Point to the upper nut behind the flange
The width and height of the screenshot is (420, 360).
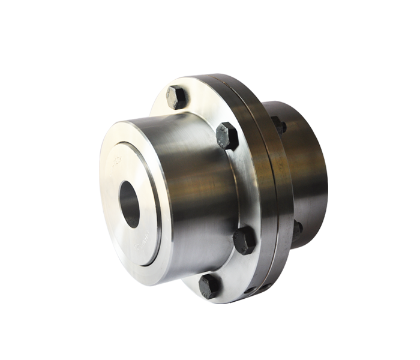pyautogui.click(x=278, y=125)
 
